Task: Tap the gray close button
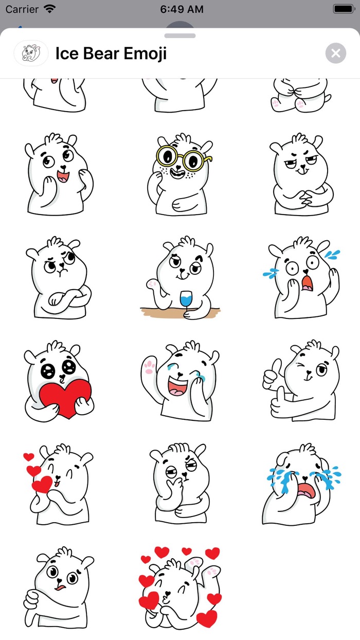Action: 335,53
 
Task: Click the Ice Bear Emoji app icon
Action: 31,53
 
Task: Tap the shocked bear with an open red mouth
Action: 302,278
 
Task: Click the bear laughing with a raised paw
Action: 180,381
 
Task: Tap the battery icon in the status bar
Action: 343,9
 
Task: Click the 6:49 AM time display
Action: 182,9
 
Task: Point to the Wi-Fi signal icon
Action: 50,9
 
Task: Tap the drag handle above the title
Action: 180,36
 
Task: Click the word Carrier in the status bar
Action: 22,9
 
